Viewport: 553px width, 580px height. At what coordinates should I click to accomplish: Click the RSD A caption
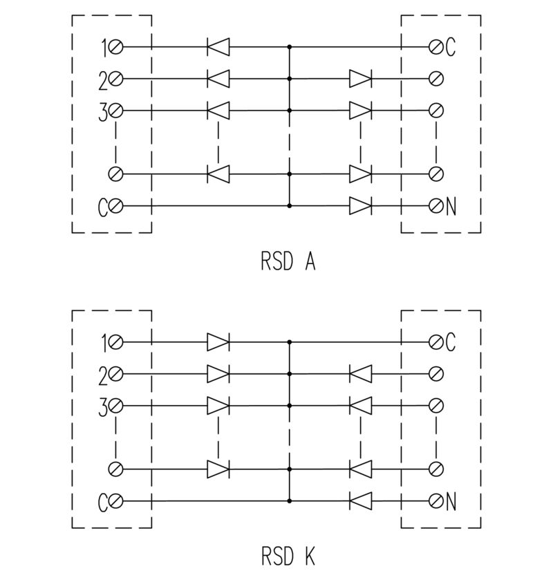pyautogui.click(x=288, y=262)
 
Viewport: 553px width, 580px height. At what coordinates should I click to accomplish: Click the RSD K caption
pyautogui.click(x=288, y=556)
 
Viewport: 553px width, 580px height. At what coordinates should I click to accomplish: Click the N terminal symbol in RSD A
pyautogui.click(x=436, y=206)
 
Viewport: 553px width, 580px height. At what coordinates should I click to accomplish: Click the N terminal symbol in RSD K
pyautogui.click(x=436, y=501)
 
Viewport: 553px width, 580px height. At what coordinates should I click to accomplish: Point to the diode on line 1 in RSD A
pyautogui.click(x=218, y=48)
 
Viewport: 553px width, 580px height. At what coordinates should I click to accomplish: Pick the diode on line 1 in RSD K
pyautogui.click(x=218, y=342)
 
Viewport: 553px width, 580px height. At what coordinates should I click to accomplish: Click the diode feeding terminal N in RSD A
pyautogui.click(x=360, y=206)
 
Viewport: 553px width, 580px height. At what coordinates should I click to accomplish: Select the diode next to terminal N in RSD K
pyautogui.click(x=360, y=501)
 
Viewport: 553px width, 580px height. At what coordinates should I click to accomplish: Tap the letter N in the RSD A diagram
pyautogui.click(x=451, y=206)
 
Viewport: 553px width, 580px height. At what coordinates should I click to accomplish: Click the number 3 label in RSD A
pyautogui.click(x=103, y=111)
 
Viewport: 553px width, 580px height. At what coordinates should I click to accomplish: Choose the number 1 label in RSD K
pyautogui.click(x=104, y=342)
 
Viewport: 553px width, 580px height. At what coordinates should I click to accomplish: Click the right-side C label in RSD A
pyautogui.click(x=451, y=48)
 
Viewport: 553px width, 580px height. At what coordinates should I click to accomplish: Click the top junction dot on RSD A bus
pyautogui.click(x=289, y=48)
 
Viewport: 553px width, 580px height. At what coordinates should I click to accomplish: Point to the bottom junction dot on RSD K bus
pyautogui.click(x=289, y=501)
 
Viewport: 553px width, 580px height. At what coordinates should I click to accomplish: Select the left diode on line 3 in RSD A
pyautogui.click(x=218, y=111)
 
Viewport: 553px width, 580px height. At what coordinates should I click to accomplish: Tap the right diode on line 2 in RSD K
pyautogui.click(x=360, y=374)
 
